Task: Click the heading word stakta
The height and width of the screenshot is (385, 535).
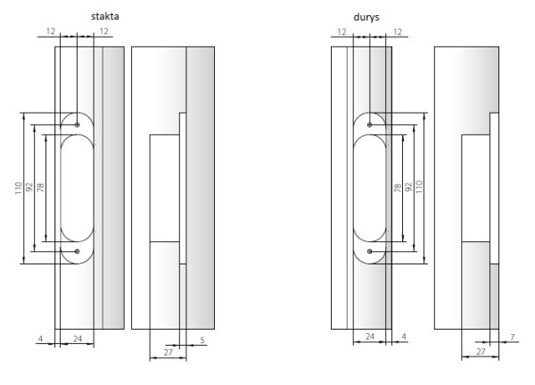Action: pos(104,16)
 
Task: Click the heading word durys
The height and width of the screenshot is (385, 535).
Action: pos(366,17)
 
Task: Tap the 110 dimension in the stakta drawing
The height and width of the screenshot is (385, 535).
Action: pos(19,188)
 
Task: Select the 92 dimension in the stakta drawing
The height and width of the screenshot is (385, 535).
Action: pos(29,187)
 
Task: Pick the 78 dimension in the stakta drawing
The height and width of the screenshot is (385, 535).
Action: pos(40,188)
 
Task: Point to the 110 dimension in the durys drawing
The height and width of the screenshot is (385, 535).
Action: pos(419,187)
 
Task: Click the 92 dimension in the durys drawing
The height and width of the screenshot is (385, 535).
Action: pos(408,187)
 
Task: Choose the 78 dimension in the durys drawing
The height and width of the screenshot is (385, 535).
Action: pos(398,188)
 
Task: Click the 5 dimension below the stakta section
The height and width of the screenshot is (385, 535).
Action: pos(202,340)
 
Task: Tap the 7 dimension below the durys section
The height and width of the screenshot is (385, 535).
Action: pos(512,337)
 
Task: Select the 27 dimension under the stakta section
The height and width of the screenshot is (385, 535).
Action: pos(169,352)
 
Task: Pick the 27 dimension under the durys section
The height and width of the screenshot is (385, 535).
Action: pos(481,351)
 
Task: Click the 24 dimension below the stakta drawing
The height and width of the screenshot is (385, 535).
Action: pos(78,339)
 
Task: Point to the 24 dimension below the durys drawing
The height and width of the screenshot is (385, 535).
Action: pos(370,337)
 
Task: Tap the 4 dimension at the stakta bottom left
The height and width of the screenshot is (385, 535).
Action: pos(41,339)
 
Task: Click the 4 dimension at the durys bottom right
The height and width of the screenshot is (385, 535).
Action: pos(404,337)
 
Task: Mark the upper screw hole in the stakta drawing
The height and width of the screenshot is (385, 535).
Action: pos(77,125)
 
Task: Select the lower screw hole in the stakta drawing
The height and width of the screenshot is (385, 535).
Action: pos(77,251)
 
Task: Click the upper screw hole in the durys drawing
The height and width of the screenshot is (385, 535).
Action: pos(369,125)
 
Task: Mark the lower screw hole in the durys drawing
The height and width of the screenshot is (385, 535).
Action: pos(369,251)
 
